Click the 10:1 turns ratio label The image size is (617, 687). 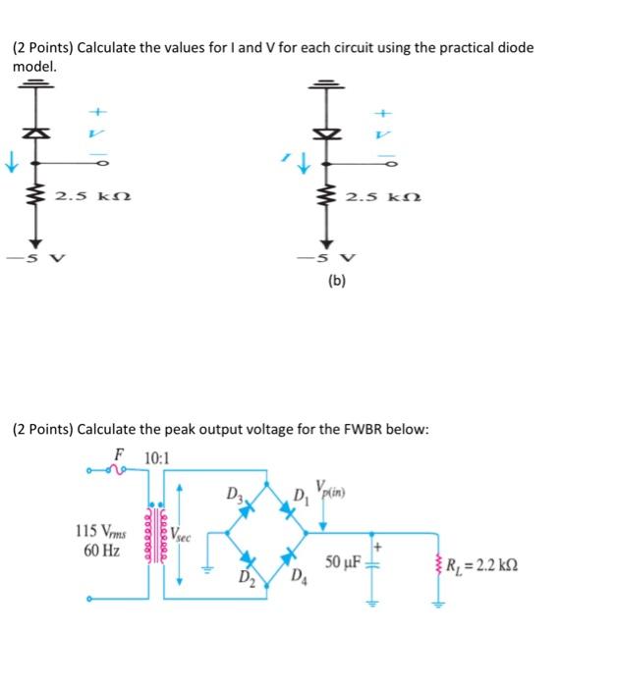coord(155,458)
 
